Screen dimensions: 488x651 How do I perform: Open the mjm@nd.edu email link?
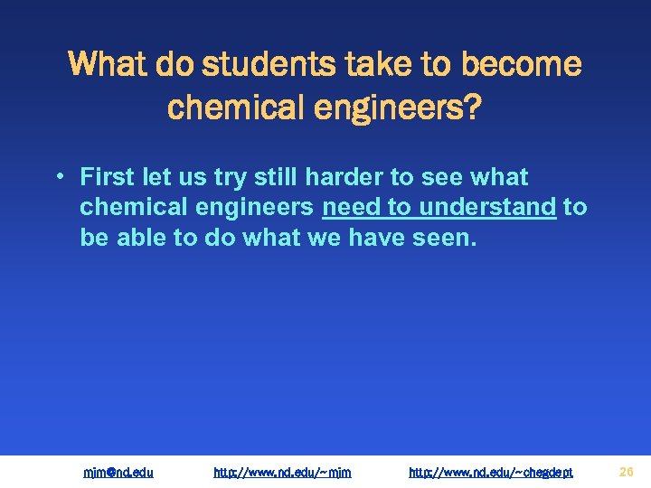coord(118,472)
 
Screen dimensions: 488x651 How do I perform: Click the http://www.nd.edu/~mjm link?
coord(281,472)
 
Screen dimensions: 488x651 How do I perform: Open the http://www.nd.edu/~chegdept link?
coord(490,472)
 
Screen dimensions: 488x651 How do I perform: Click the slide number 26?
coord(626,471)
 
